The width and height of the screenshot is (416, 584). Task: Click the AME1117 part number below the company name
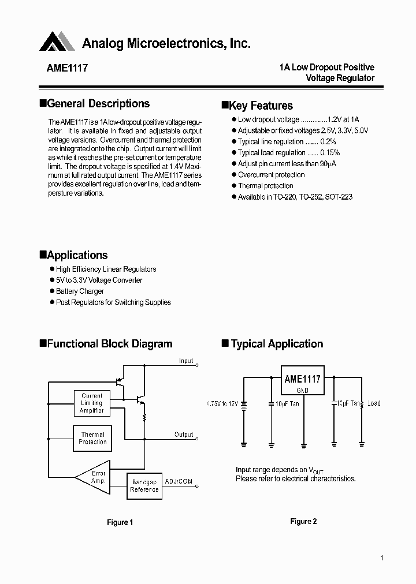click(67, 68)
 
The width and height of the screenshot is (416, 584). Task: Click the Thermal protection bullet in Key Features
click(265, 186)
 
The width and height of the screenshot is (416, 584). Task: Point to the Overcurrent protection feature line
click(271, 175)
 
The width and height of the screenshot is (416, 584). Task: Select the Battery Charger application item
click(80, 291)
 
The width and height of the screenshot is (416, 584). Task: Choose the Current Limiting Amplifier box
click(92, 403)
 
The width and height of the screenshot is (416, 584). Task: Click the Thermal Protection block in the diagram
click(92, 438)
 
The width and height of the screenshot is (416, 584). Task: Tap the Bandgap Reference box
click(144, 485)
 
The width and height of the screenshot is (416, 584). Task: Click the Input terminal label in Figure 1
click(186, 361)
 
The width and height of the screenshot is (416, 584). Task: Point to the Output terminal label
click(184, 435)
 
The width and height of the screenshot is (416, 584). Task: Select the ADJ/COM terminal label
click(179, 481)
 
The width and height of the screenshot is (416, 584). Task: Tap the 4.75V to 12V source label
click(221, 403)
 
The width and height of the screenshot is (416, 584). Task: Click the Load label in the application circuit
click(374, 403)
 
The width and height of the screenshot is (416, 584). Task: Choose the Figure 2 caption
click(303, 522)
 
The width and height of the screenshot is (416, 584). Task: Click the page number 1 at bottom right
click(382, 557)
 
